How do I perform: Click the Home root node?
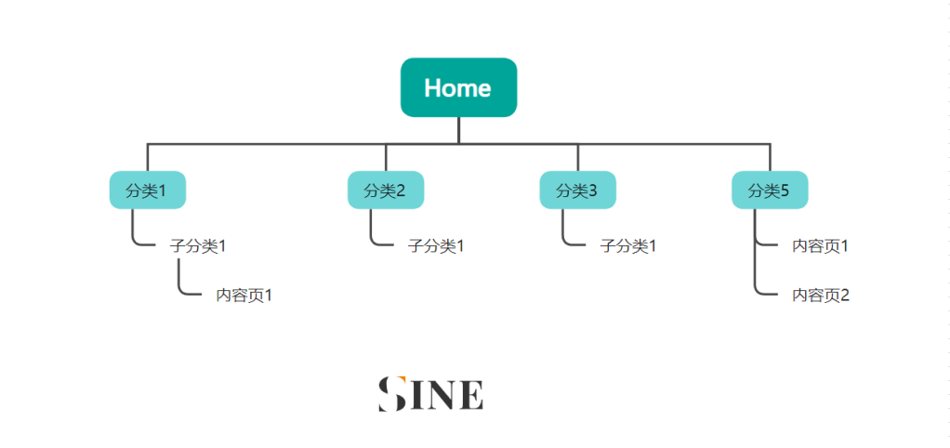(458, 87)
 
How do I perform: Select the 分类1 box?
(147, 191)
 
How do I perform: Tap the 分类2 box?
(386, 191)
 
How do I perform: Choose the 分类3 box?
(577, 191)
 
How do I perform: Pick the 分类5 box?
(770, 191)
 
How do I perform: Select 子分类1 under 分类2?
(436, 246)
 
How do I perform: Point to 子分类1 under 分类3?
(628, 246)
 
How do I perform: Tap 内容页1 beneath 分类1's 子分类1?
(244, 296)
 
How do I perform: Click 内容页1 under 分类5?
(821, 246)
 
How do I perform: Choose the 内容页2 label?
(821, 296)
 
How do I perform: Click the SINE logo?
(430, 394)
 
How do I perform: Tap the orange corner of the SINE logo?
(400, 379)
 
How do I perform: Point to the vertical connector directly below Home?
(458, 130)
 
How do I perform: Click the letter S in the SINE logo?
(392, 394)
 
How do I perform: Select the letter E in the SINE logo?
(472, 395)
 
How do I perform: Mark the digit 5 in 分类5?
(785, 191)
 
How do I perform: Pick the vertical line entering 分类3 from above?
(577, 157)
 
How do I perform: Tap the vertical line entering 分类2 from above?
(386, 157)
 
